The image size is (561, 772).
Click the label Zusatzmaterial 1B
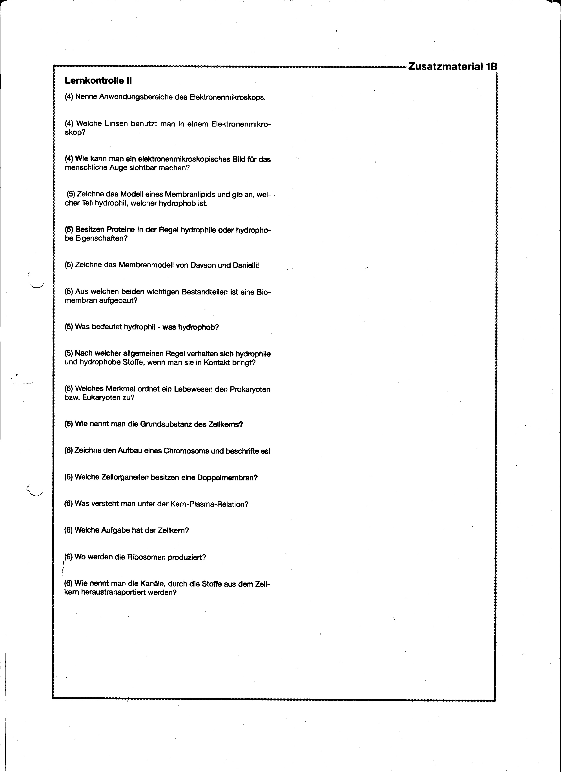coord(452,66)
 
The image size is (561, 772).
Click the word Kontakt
coord(217,362)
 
